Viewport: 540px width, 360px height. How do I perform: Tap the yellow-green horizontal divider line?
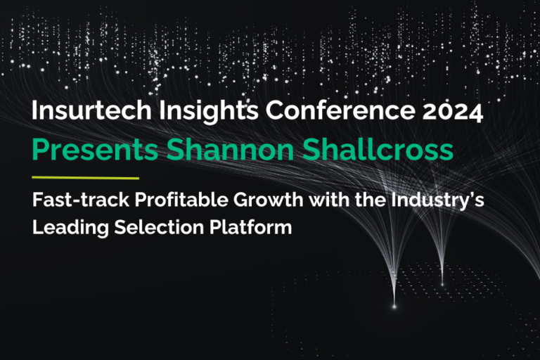click(x=86, y=177)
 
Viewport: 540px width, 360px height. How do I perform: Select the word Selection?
click(x=140, y=229)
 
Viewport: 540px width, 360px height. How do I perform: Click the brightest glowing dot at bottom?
click(x=394, y=306)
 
